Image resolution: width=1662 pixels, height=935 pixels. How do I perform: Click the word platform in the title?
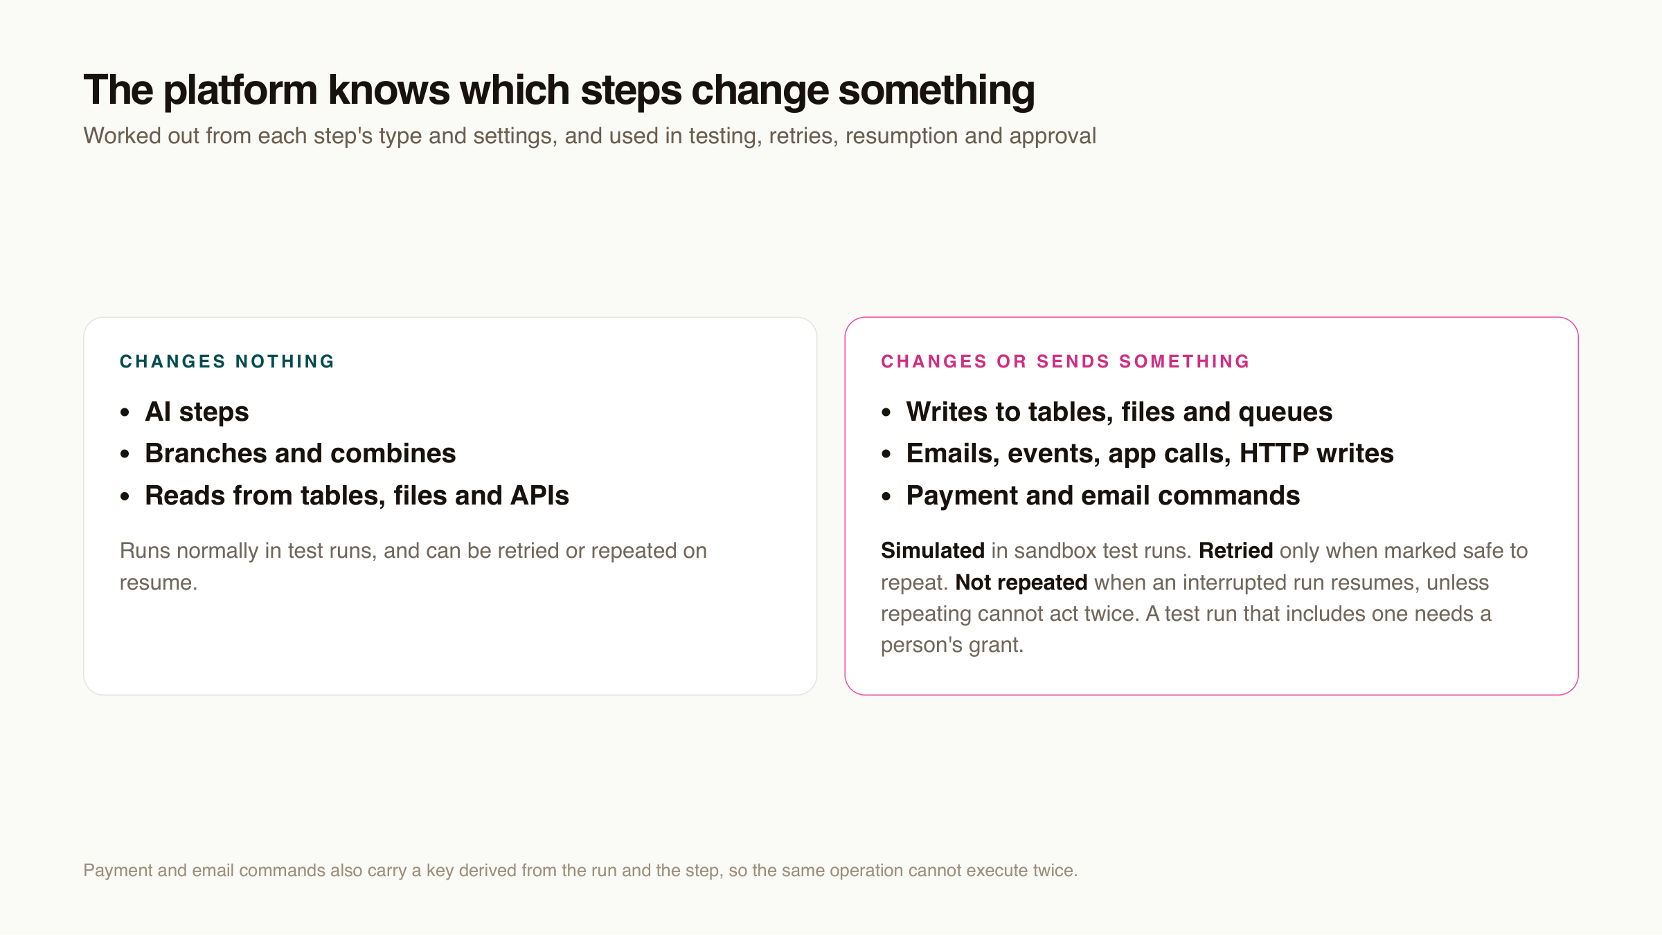240,91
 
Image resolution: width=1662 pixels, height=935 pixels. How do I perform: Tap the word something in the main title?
936,91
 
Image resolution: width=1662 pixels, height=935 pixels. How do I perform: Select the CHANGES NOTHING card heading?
227,361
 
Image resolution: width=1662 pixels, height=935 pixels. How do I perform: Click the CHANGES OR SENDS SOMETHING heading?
1065,361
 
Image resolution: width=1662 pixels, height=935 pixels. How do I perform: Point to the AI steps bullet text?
197,412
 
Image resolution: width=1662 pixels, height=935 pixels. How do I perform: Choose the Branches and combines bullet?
301,453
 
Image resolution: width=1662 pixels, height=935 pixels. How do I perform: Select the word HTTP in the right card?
1274,453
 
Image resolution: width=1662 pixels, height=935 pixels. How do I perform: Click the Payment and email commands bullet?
1103,496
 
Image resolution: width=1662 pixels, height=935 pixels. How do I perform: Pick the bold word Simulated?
933,550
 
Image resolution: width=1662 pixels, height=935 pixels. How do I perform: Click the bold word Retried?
1236,550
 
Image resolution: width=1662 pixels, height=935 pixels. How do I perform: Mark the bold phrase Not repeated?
1021,583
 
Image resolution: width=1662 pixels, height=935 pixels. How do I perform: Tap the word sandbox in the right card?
1055,550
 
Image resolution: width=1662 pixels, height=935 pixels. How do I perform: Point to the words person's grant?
952,646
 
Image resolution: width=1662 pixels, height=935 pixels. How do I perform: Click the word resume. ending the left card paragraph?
159,583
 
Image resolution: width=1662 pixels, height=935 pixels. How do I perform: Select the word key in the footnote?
440,871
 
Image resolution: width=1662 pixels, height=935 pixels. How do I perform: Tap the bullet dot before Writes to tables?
886,413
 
